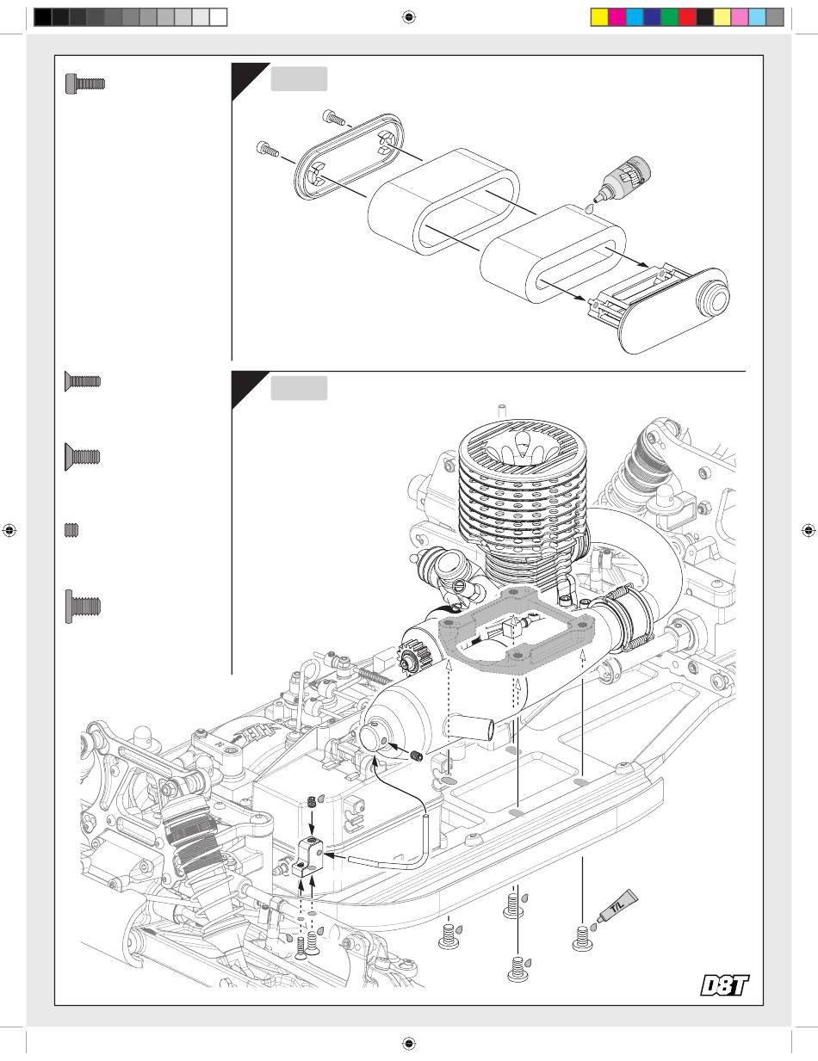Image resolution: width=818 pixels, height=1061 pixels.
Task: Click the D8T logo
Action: pyautogui.click(x=724, y=985)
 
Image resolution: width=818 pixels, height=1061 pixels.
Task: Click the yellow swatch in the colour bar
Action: pyautogui.click(x=599, y=17)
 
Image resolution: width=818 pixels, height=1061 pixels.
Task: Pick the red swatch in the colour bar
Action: pyautogui.click(x=687, y=17)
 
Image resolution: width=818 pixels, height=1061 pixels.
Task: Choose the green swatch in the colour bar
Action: pyautogui.click(x=670, y=17)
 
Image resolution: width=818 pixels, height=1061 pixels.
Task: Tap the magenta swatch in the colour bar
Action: pyautogui.click(x=617, y=17)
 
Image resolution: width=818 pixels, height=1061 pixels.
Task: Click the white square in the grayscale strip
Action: pyautogui.click(x=219, y=17)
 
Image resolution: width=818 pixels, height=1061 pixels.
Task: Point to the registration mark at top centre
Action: pyautogui.click(x=409, y=17)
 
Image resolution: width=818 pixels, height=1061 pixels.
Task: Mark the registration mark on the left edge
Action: pyautogui.click(x=9, y=530)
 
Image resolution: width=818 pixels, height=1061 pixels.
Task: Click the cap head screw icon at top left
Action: pyautogui.click(x=85, y=83)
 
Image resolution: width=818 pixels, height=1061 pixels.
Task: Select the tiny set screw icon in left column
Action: pyautogui.click(x=71, y=530)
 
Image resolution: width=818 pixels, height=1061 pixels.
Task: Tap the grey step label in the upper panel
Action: pyautogui.click(x=299, y=78)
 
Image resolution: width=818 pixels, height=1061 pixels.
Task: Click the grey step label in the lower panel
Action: pyautogui.click(x=299, y=388)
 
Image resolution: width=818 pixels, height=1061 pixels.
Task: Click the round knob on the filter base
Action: pyautogui.click(x=713, y=298)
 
